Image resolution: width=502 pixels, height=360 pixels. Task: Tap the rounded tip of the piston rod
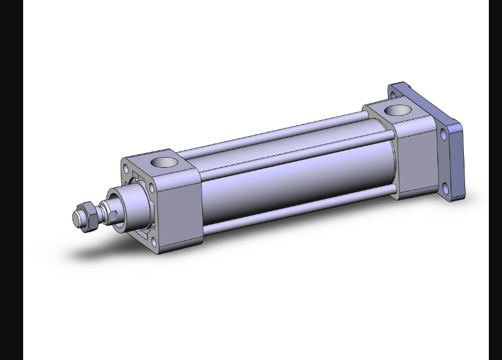click(76, 219)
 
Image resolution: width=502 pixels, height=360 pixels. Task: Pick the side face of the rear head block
click(416, 153)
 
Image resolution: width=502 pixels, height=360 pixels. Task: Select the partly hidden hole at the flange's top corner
click(393, 95)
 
